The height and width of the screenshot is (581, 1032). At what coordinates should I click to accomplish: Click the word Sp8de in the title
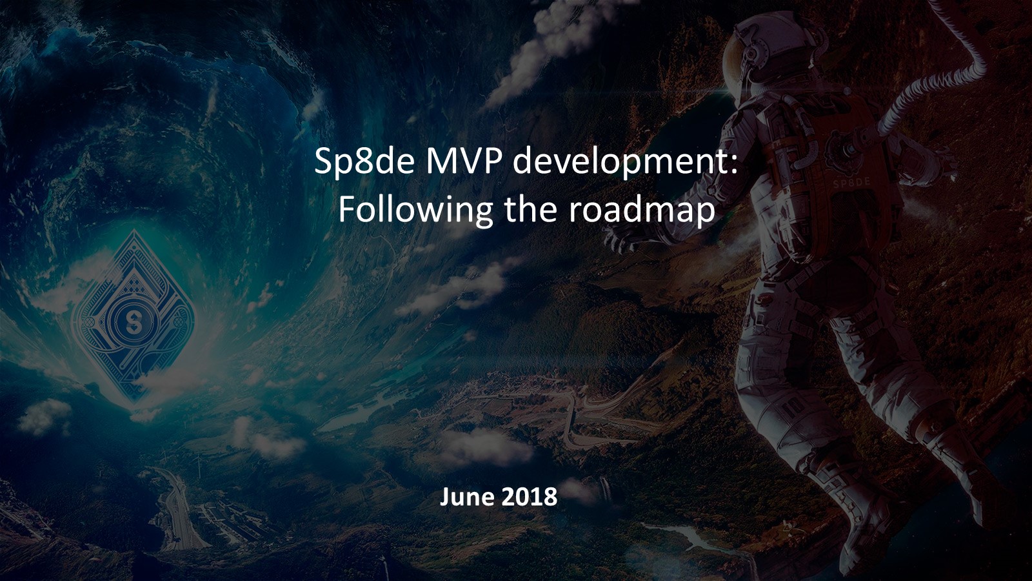click(364, 162)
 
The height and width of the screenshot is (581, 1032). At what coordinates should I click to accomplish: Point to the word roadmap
click(641, 210)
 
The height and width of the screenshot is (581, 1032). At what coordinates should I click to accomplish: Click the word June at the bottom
click(465, 497)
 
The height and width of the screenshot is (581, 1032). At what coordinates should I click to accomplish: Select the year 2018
click(528, 497)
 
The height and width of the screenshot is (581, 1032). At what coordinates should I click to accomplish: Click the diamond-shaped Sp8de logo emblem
click(134, 318)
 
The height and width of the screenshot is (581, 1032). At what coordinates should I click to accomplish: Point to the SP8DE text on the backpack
click(851, 183)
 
